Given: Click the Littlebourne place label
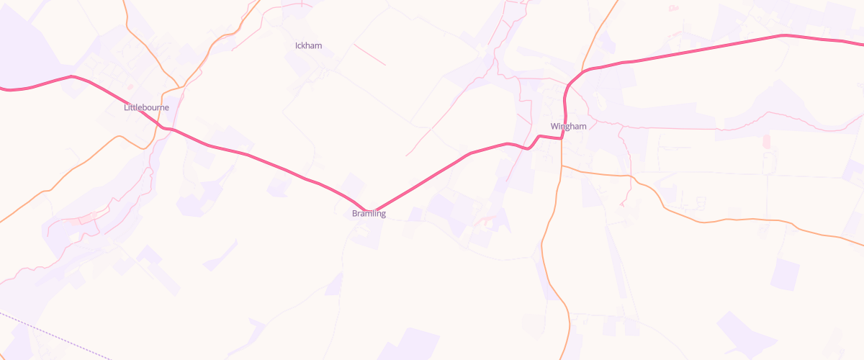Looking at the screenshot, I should pos(146,108).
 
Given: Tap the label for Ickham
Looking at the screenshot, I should pos(308,46).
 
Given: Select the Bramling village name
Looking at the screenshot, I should pos(369,214).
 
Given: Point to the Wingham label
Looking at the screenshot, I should pos(568,127).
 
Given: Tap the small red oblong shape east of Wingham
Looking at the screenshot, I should pos(765,141).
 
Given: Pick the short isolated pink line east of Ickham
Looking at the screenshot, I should pos(369,55).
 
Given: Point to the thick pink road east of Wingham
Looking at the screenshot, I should pos(706,48).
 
